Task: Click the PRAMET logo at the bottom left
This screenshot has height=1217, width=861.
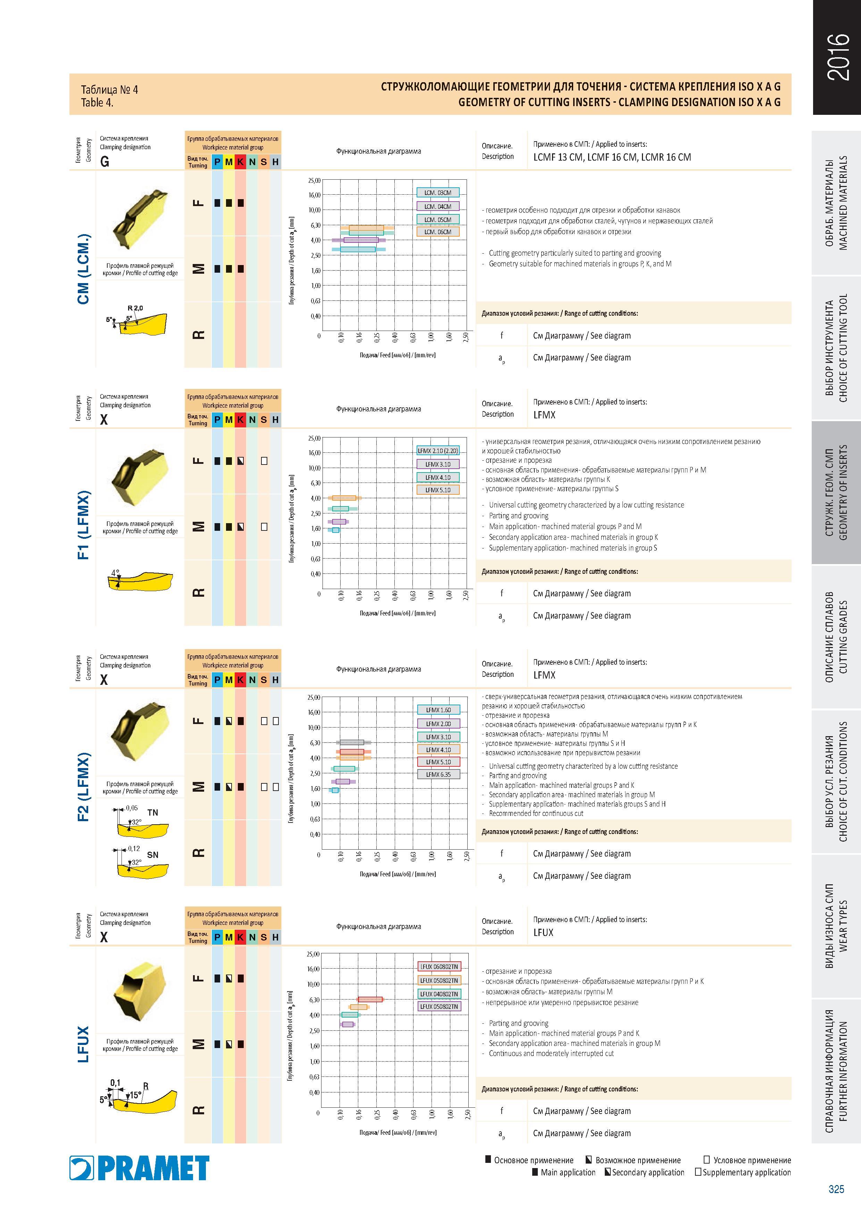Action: (139, 1168)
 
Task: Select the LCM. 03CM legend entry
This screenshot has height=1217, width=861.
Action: (438, 193)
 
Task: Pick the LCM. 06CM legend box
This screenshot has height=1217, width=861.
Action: (438, 232)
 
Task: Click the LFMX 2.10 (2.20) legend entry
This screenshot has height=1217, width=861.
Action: (438, 451)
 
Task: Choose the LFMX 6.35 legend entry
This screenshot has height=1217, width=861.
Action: (438, 774)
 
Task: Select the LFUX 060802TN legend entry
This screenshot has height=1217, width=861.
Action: (439, 966)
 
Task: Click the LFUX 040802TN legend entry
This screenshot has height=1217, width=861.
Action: (439, 994)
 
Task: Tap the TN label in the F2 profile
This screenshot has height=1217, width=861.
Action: (152, 812)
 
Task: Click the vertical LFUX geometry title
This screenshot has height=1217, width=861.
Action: (83, 1044)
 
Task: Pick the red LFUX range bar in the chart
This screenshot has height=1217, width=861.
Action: (370, 999)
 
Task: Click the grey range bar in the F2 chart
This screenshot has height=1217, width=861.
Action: (351, 742)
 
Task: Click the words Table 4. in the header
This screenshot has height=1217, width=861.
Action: (97, 103)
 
